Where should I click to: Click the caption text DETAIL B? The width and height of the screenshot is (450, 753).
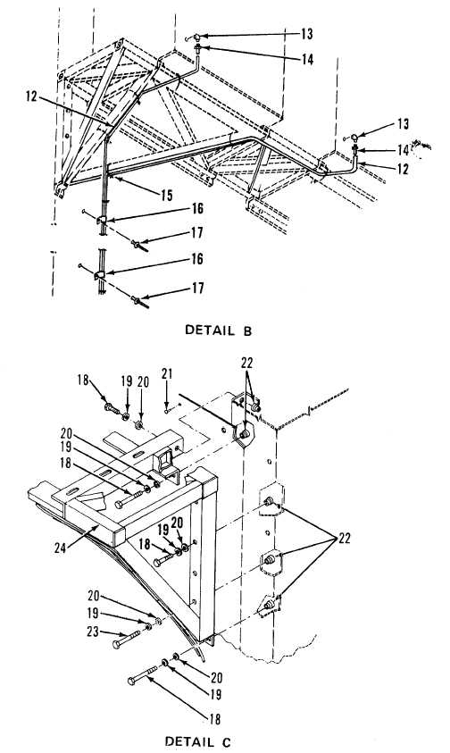point(218,330)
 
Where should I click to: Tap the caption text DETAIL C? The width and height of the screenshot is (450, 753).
point(198,741)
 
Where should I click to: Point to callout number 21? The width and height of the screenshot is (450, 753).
point(167,373)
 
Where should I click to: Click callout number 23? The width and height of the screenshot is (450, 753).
point(94,632)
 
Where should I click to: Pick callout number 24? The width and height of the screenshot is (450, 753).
point(60,548)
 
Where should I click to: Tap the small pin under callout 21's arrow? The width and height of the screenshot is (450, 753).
point(166,411)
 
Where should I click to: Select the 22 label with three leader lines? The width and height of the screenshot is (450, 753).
point(345,539)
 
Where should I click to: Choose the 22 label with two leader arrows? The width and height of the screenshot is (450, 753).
point(246,363)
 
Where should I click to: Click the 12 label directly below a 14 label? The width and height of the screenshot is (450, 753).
point(402,169)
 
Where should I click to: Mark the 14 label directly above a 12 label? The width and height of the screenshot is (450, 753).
point(403,150)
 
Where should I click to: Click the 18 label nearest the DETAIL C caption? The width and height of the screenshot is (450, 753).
point(214,719)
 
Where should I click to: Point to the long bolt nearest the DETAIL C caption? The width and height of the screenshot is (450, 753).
point(143,674)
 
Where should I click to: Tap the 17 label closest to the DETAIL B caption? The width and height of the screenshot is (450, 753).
point(197,289)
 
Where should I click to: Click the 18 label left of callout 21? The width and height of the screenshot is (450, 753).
point(84,380)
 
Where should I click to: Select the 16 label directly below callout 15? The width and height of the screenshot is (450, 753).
point(197,208)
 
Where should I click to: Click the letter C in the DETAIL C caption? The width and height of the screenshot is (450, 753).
point(227,741)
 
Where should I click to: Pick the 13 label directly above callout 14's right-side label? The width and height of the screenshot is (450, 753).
point(402,124)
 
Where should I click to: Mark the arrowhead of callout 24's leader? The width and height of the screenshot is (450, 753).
point(98,525)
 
